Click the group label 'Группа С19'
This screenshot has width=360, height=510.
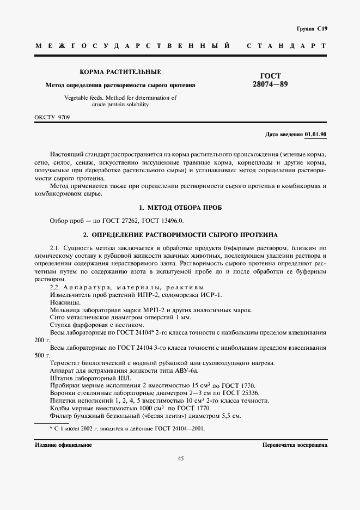[x=312, y=28]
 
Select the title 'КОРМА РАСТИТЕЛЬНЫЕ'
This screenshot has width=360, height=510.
[x=120, y=72]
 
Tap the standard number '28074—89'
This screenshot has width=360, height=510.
[x=271, y=84]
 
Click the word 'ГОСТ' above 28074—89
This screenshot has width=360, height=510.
[x=271, y=76]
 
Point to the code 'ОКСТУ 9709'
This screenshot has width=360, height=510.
[x=52, y=117]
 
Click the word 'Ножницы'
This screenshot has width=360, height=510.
[x=65, y=302]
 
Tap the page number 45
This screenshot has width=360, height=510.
[x=180, y=458]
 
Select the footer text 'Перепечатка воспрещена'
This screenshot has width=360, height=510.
[x=294, y=445]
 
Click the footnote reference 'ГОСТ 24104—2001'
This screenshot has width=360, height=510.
[x=179, y=428]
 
